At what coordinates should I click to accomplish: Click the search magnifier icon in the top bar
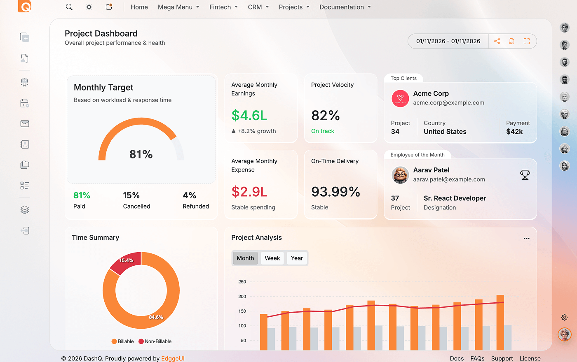point(69,7)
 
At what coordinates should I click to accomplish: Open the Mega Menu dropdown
point(178,7)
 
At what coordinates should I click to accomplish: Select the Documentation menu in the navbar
point(345,7)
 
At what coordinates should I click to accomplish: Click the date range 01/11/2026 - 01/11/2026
point(448,41)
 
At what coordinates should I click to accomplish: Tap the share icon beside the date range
point(497,41)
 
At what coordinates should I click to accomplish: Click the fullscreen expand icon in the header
point(527,41)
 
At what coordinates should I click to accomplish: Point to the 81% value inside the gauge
point(141,154)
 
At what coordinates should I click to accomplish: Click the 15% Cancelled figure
point(131,195)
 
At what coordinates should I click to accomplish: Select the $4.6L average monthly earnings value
point(249,116)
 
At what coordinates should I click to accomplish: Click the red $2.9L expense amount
point(249,192)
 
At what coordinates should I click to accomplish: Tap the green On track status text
point(323,131)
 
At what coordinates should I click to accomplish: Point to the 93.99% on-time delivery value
point(335,192)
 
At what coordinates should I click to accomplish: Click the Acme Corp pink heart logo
point(400,98)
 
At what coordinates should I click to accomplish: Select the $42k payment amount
point(514,132)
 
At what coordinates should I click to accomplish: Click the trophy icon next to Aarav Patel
point(525,175)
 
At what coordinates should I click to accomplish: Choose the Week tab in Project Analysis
point(272,258)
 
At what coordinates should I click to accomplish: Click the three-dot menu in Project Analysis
point(526,238)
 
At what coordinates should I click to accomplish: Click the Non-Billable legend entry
point(155,341)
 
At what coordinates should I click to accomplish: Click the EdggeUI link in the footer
point(173,358)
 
